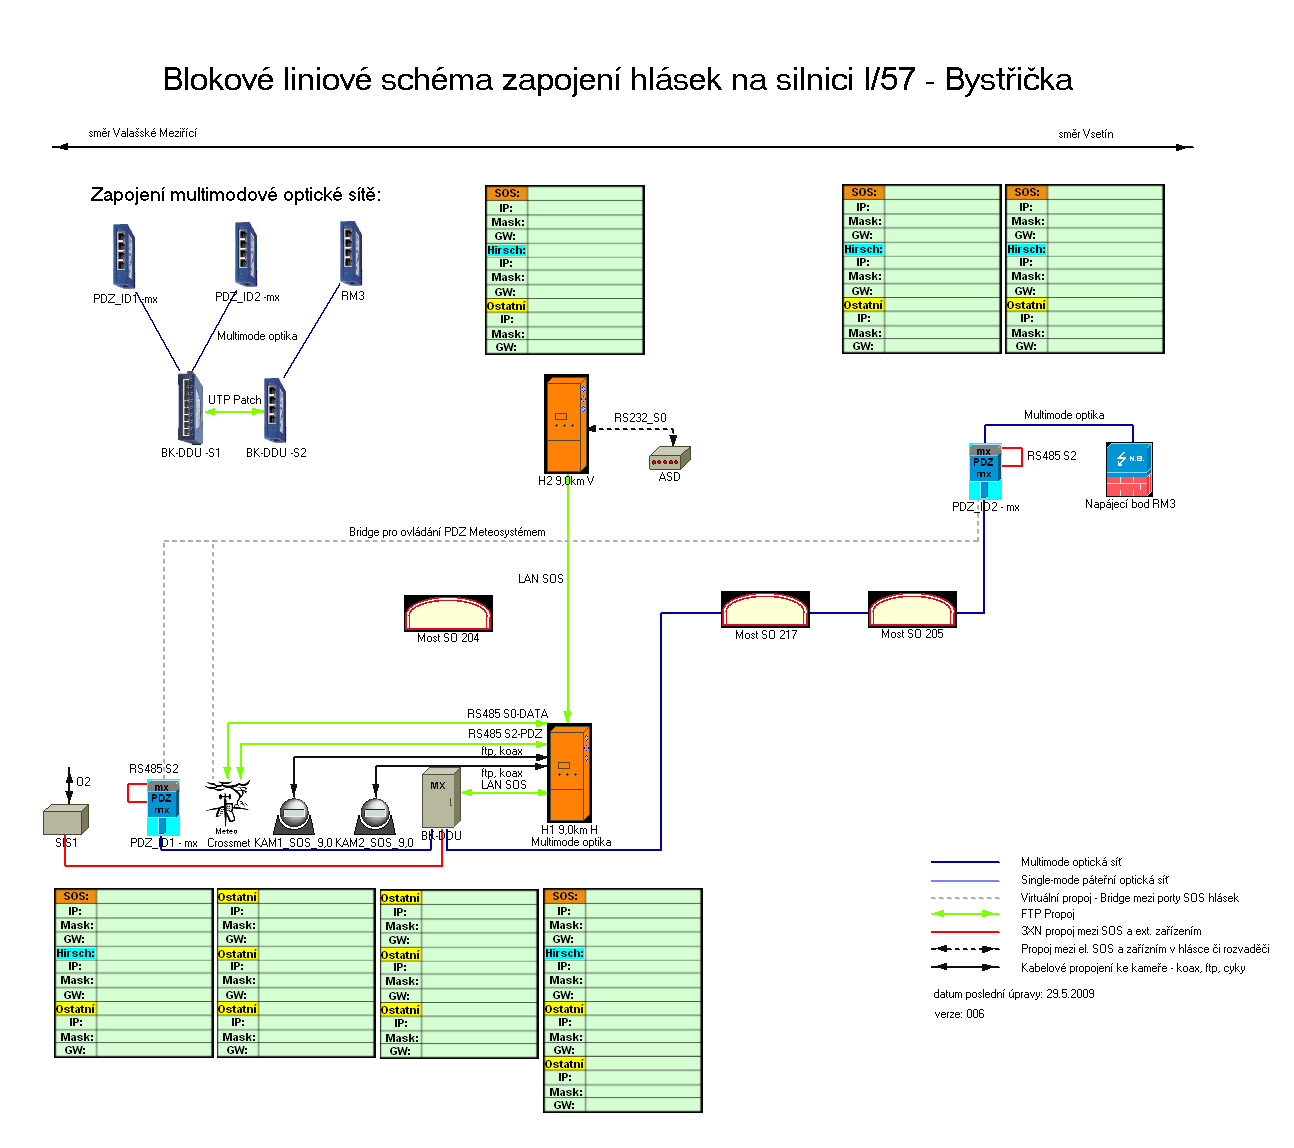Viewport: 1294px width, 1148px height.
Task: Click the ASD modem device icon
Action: click(669, 458)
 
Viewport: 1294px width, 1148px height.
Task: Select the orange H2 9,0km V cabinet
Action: click(566, 424)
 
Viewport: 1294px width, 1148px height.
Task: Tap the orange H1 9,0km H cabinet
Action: click(570, 773)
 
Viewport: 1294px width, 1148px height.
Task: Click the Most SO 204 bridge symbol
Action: click(448, 613)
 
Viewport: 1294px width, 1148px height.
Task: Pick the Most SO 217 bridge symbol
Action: click(765, 609)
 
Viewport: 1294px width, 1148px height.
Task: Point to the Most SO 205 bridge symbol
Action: click(912, 609)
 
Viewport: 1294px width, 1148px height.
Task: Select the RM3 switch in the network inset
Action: click(350, 253)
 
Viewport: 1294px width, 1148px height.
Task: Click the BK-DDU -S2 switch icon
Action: click(275, 409)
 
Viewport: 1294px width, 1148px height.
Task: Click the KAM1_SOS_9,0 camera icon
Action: click(292, 815)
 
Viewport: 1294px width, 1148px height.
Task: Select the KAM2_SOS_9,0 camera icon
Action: click(374, 815)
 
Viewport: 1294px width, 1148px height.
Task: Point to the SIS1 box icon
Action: click(66, 820)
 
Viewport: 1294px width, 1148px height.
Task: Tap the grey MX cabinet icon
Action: click(440, 798)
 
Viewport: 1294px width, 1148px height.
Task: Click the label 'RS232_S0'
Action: click(640, 418)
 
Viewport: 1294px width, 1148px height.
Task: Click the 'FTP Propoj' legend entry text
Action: click(1047, 914)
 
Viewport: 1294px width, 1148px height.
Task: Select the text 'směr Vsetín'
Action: click(1085, 134)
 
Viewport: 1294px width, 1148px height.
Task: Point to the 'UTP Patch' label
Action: click(234, 400)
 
